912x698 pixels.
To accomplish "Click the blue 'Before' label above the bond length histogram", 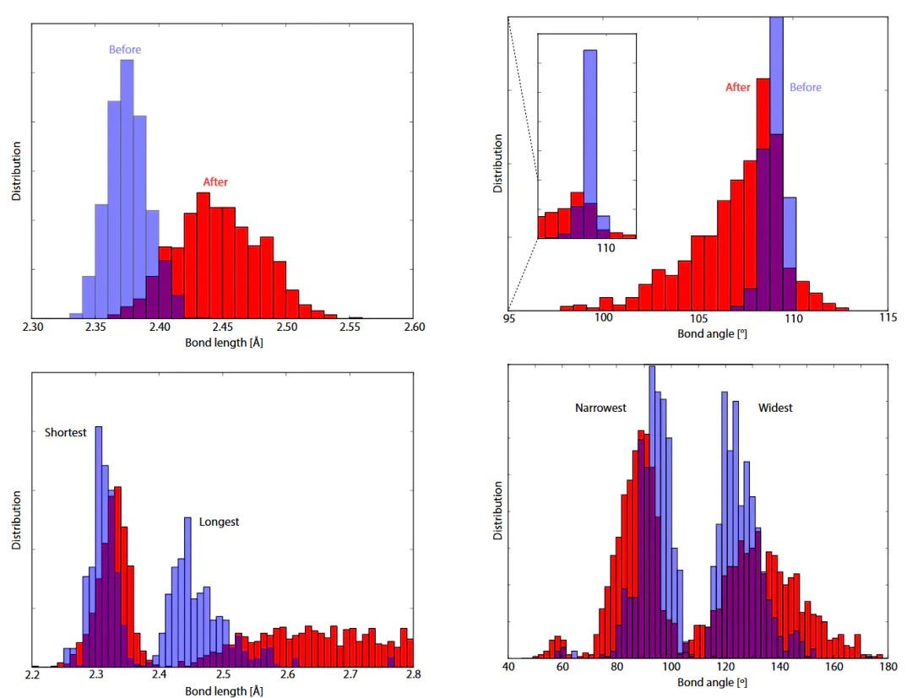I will point(125,50).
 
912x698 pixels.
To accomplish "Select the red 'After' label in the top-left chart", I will point(215,181).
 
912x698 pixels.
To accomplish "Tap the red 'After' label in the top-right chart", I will point(737,87).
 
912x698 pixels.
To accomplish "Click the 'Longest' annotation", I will point(220,522).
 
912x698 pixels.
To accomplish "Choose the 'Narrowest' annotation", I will point(600,409).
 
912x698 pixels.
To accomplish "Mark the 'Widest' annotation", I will point(775,409).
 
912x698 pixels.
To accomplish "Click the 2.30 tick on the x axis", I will point(32,327).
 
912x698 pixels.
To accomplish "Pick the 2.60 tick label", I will point(414,327).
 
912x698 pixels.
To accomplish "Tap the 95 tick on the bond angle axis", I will point(509,318).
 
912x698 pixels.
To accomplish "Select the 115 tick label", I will point(888,318).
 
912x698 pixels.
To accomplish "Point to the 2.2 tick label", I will point(32,674).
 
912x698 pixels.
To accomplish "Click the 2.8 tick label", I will point(414,674).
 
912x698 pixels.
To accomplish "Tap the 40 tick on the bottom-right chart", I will point(508,667).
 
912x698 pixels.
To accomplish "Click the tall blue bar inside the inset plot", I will point(590,127).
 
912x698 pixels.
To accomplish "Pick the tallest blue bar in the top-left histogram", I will point(128,186).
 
